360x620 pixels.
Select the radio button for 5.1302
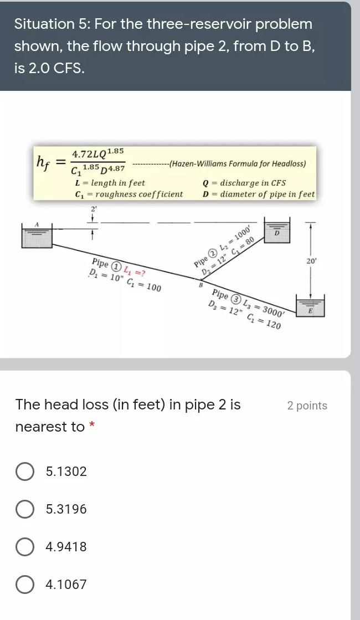tap(24, 472)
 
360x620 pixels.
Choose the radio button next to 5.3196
tap(24, 510)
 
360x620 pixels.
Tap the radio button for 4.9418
tap(24, 547)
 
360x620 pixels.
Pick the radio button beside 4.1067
tap(24, 585)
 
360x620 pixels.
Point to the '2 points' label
tap(307, 406)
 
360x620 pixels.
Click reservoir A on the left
tap(36, 235)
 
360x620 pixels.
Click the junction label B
tap(200, 285)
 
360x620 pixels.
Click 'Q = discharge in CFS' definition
tap(244, 183)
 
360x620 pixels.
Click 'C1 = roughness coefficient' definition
tap(128, 194)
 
